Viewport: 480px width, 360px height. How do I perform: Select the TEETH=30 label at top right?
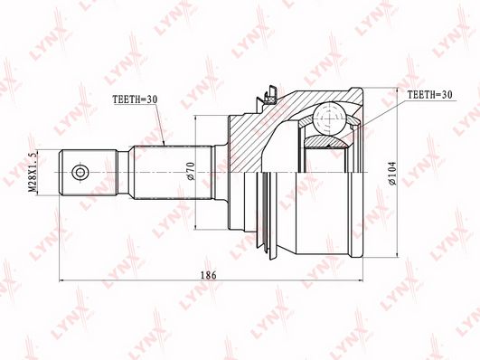(x=428, y=93)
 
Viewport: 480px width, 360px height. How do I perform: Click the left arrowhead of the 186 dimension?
(x=61, y=281)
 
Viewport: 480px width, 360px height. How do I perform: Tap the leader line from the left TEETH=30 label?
(x=159, y=127)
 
